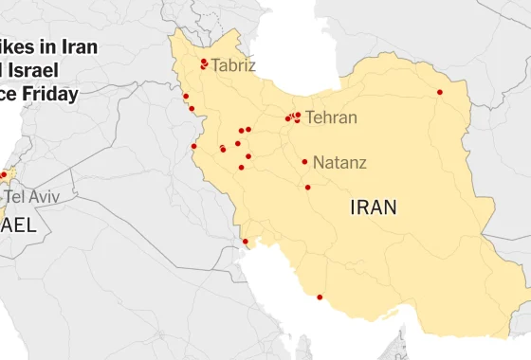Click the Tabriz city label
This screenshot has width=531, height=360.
pos(233,66)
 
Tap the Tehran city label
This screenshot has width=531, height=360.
pos(331,118)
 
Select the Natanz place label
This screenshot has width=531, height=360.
pos(339,162)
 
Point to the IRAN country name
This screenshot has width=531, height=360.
pos(374,207)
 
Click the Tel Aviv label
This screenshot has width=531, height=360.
pos(32,196)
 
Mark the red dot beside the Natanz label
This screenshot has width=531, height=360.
pos(304,162)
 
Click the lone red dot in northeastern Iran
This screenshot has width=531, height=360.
pos(439,92)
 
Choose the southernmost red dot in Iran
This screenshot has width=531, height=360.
pos(320,298)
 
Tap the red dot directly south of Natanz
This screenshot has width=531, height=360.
pos(307,187)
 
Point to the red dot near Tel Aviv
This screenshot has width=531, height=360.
pos(3,175)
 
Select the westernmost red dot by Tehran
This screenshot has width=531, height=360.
pos(287,118)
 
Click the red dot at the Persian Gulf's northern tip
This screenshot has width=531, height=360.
pos(245,242)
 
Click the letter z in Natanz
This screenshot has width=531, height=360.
pos(361,162)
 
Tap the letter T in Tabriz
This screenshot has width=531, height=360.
pos(216,66)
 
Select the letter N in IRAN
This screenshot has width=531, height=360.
pos(389,207)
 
